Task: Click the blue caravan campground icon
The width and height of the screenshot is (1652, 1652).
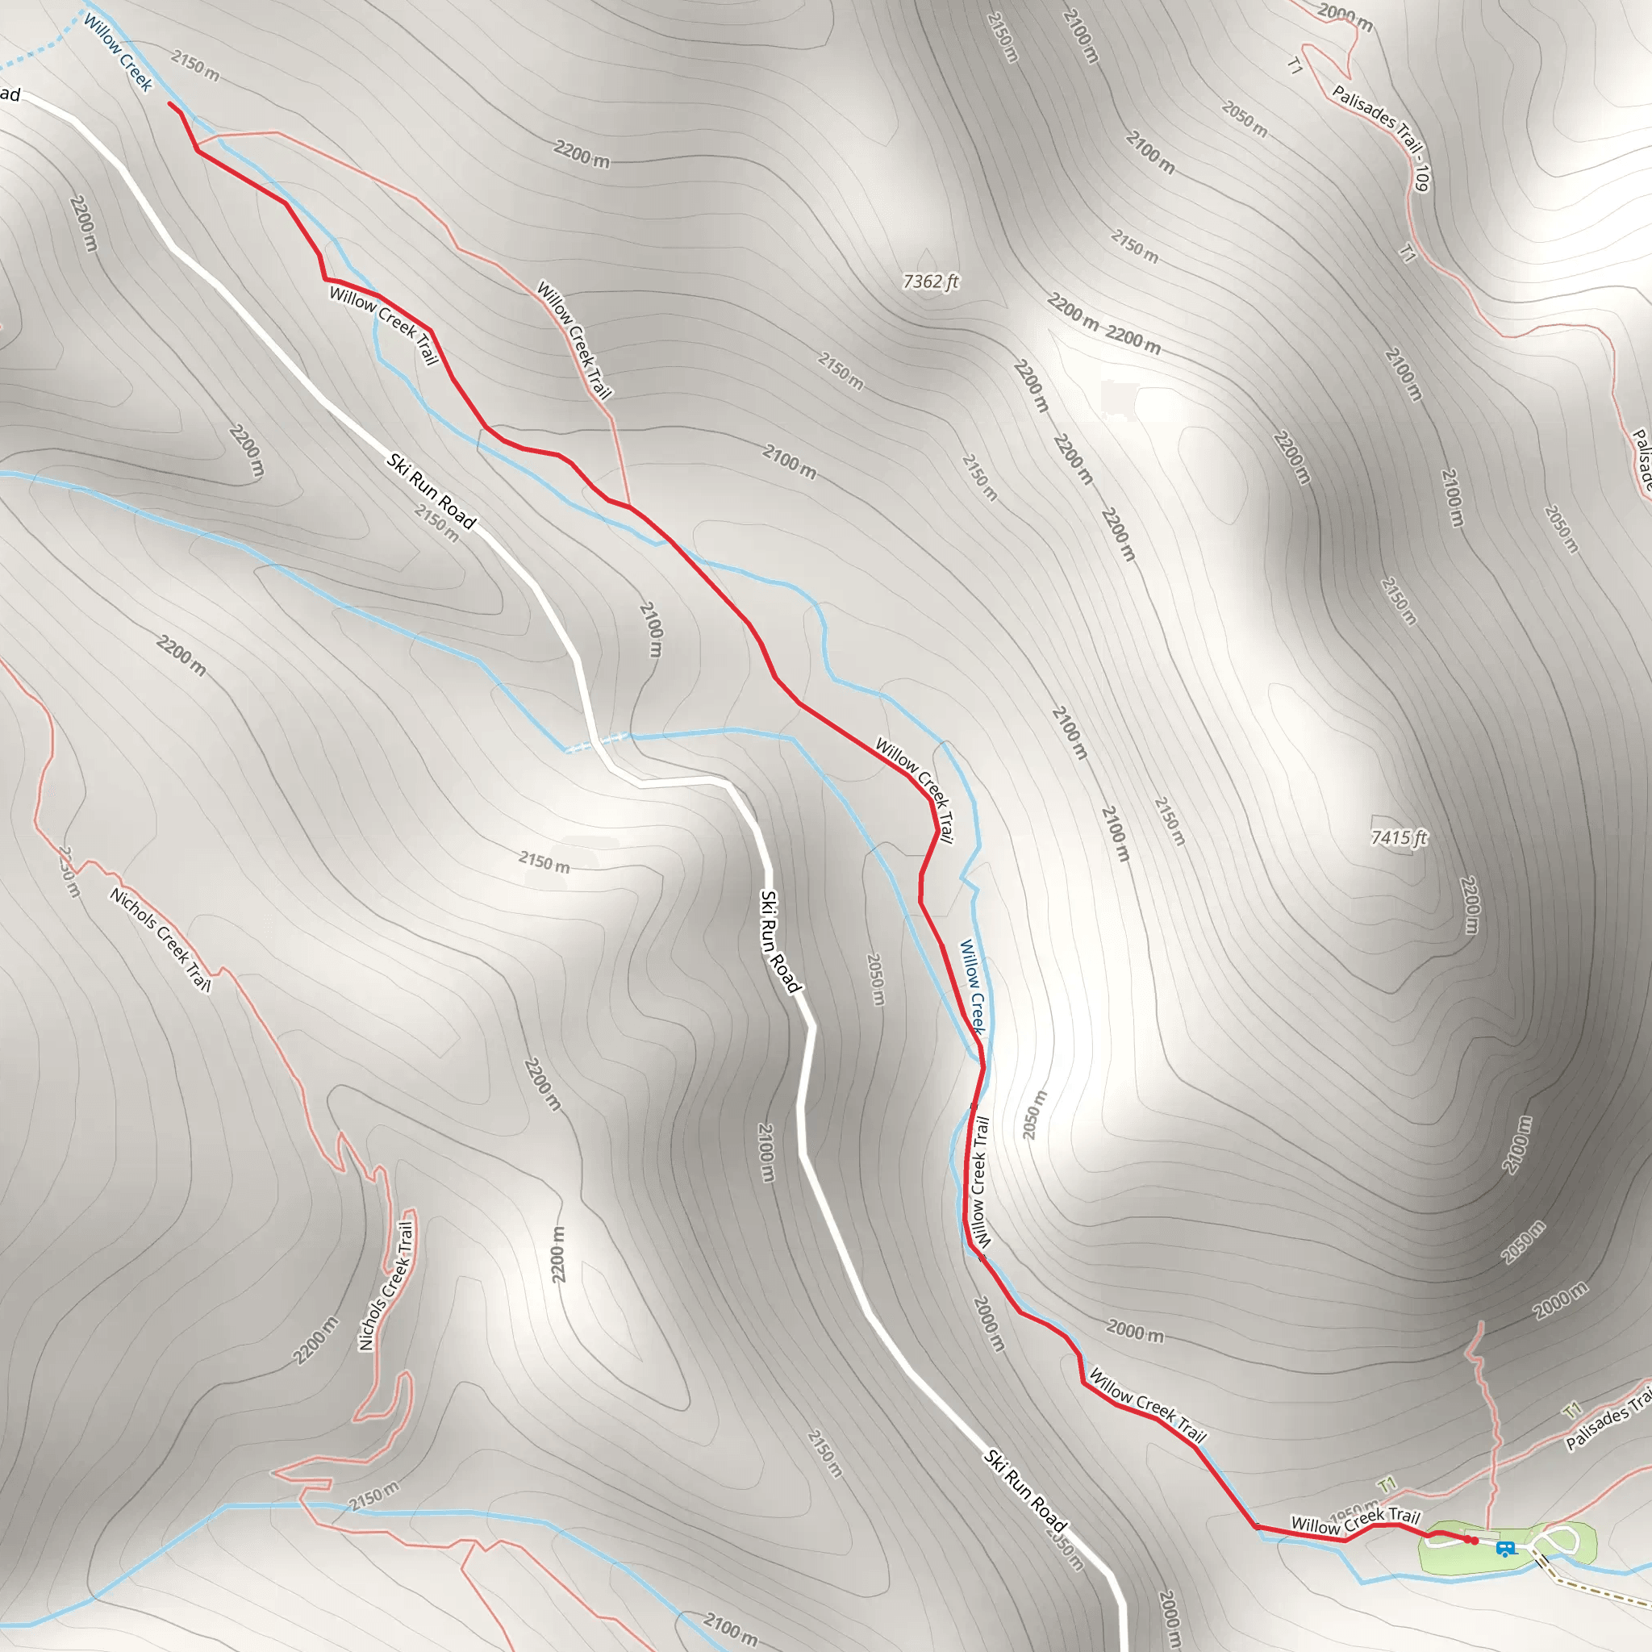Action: point(1506,1549)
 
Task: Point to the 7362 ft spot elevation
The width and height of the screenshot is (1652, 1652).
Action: point(930,281)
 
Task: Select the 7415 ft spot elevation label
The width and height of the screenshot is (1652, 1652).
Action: point(1399,837)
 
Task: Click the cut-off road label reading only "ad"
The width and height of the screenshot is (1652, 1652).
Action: point(10,94)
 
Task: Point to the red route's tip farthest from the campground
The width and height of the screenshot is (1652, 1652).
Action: point(170,103)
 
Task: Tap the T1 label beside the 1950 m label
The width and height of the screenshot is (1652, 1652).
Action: point(1387,1483)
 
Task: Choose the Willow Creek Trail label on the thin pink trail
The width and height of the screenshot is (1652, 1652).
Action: point(574,340)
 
